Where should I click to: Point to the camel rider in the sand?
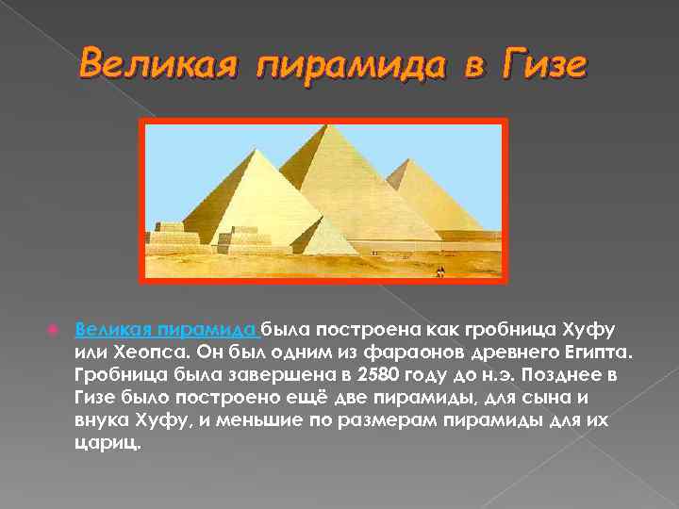tap(439, 271)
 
